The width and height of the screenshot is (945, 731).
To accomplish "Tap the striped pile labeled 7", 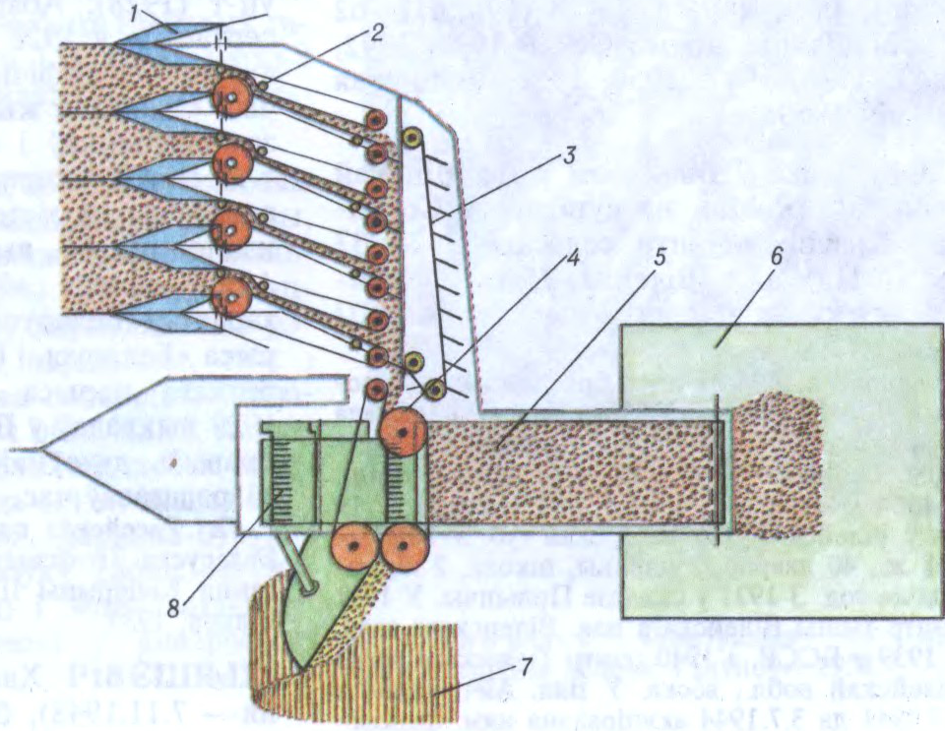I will coord(413,679).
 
